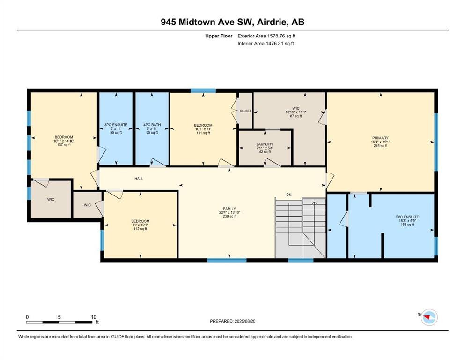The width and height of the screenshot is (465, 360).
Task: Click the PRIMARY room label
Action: tap(381, 138)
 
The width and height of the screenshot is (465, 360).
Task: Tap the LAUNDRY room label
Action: tap(265, 144)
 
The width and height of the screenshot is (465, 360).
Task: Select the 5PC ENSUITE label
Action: tap(407, 217)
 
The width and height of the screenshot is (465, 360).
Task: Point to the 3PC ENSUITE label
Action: tap(116, 125)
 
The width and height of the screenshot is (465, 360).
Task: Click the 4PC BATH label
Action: tap(152, 125)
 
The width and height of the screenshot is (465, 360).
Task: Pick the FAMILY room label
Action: tap(229, 209)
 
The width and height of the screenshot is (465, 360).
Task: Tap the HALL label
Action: tap(139, 179)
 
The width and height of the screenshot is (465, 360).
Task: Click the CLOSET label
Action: tap(245, 111)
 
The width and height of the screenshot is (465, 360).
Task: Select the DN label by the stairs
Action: tap(289, 195)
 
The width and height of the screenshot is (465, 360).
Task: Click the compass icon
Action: tap(429, 317)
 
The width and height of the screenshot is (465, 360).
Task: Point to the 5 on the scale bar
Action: tap(59, 317)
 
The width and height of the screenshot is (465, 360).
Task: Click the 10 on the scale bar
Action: tap(93, 317)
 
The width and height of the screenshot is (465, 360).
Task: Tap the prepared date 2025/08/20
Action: tap(245, 321)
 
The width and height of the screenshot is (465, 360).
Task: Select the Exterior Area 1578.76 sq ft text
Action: tap(266, 36)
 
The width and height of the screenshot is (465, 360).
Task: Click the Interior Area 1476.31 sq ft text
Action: tap(266, 44)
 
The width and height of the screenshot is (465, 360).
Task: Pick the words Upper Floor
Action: tap(219, 36)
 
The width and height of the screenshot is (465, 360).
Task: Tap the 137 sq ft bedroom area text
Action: tap(64, 145)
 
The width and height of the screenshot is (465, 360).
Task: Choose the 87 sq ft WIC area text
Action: tap(295, 116)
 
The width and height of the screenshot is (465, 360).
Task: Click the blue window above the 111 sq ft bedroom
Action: tap(203, 90)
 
